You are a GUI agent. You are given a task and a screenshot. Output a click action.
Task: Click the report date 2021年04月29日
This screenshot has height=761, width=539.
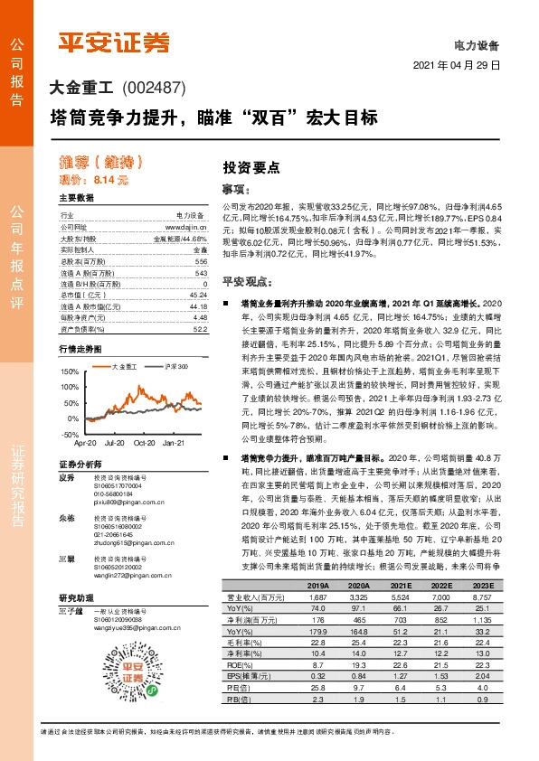(457, 67)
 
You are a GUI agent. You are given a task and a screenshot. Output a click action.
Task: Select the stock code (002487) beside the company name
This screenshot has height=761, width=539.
(152, 89)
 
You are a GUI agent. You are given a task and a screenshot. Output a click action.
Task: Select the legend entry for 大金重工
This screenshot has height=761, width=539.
(123, 366)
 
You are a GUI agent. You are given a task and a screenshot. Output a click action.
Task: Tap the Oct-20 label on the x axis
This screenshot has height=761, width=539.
(146, 445)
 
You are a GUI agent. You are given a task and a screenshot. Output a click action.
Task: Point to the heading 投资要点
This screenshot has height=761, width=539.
(251, 168)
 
